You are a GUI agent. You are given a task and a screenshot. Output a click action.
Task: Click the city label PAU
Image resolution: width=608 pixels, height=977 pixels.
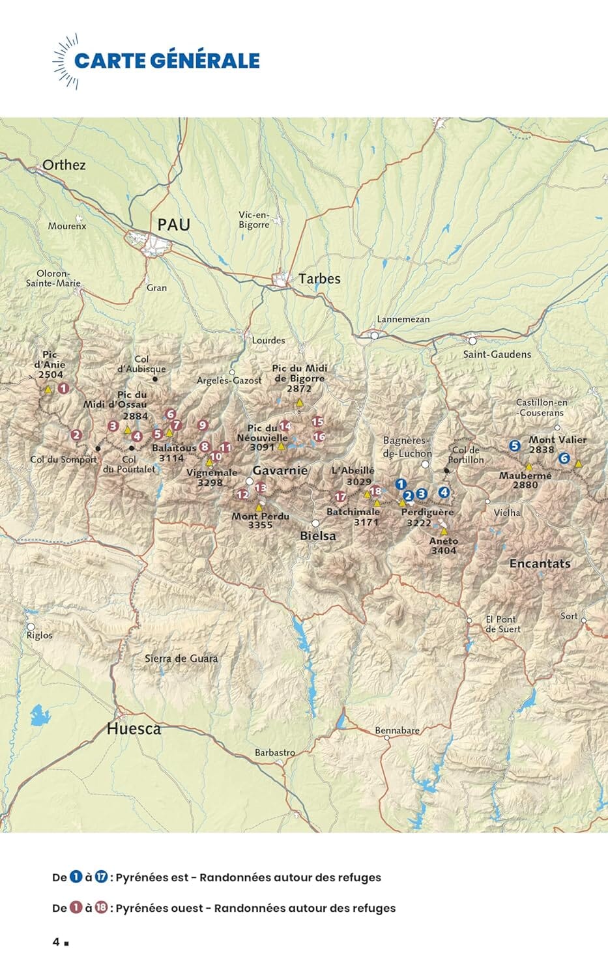pos(173,225)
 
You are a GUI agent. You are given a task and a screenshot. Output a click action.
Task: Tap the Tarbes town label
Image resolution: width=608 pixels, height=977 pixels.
pos(319,279)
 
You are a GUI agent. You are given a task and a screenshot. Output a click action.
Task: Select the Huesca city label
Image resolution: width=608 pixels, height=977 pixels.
pos(134,729)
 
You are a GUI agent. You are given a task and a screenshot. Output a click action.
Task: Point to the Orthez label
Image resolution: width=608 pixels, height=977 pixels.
pos(64,165)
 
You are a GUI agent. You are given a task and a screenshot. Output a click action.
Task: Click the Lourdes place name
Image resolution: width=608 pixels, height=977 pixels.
pos(268,340)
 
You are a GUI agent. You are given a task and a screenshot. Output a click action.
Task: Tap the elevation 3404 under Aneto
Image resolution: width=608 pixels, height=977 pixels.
pos(444,551)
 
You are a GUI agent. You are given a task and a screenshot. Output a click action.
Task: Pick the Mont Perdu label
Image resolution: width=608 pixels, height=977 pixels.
pos(252,517)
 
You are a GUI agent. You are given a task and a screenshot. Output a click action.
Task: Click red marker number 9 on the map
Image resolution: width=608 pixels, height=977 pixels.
pos(203,425)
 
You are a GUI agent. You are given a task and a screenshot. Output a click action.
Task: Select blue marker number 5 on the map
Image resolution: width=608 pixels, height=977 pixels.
pos(515,446)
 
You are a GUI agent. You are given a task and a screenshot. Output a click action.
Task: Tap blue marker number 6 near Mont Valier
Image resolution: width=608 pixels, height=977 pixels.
pos(564,459)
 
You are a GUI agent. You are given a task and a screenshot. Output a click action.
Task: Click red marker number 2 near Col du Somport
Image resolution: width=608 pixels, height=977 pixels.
pos(76,436)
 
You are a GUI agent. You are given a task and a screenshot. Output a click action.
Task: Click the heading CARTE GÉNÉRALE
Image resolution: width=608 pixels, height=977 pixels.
pos(167,61)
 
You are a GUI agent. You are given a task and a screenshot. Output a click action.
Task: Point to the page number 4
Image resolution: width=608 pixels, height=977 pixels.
pos(57,942)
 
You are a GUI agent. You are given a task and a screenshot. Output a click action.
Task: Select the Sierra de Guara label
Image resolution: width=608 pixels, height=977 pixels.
pos(181,658)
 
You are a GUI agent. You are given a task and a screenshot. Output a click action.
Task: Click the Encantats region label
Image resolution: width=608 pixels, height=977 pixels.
pos(540,564)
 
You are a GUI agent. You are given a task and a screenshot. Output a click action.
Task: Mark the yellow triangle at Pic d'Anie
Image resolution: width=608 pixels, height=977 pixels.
pos(48,389)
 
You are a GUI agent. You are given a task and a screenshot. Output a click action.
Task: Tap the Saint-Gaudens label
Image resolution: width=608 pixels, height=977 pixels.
pos(497,354)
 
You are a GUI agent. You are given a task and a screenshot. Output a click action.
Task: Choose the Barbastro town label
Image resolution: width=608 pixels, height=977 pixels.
pos(274,753)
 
